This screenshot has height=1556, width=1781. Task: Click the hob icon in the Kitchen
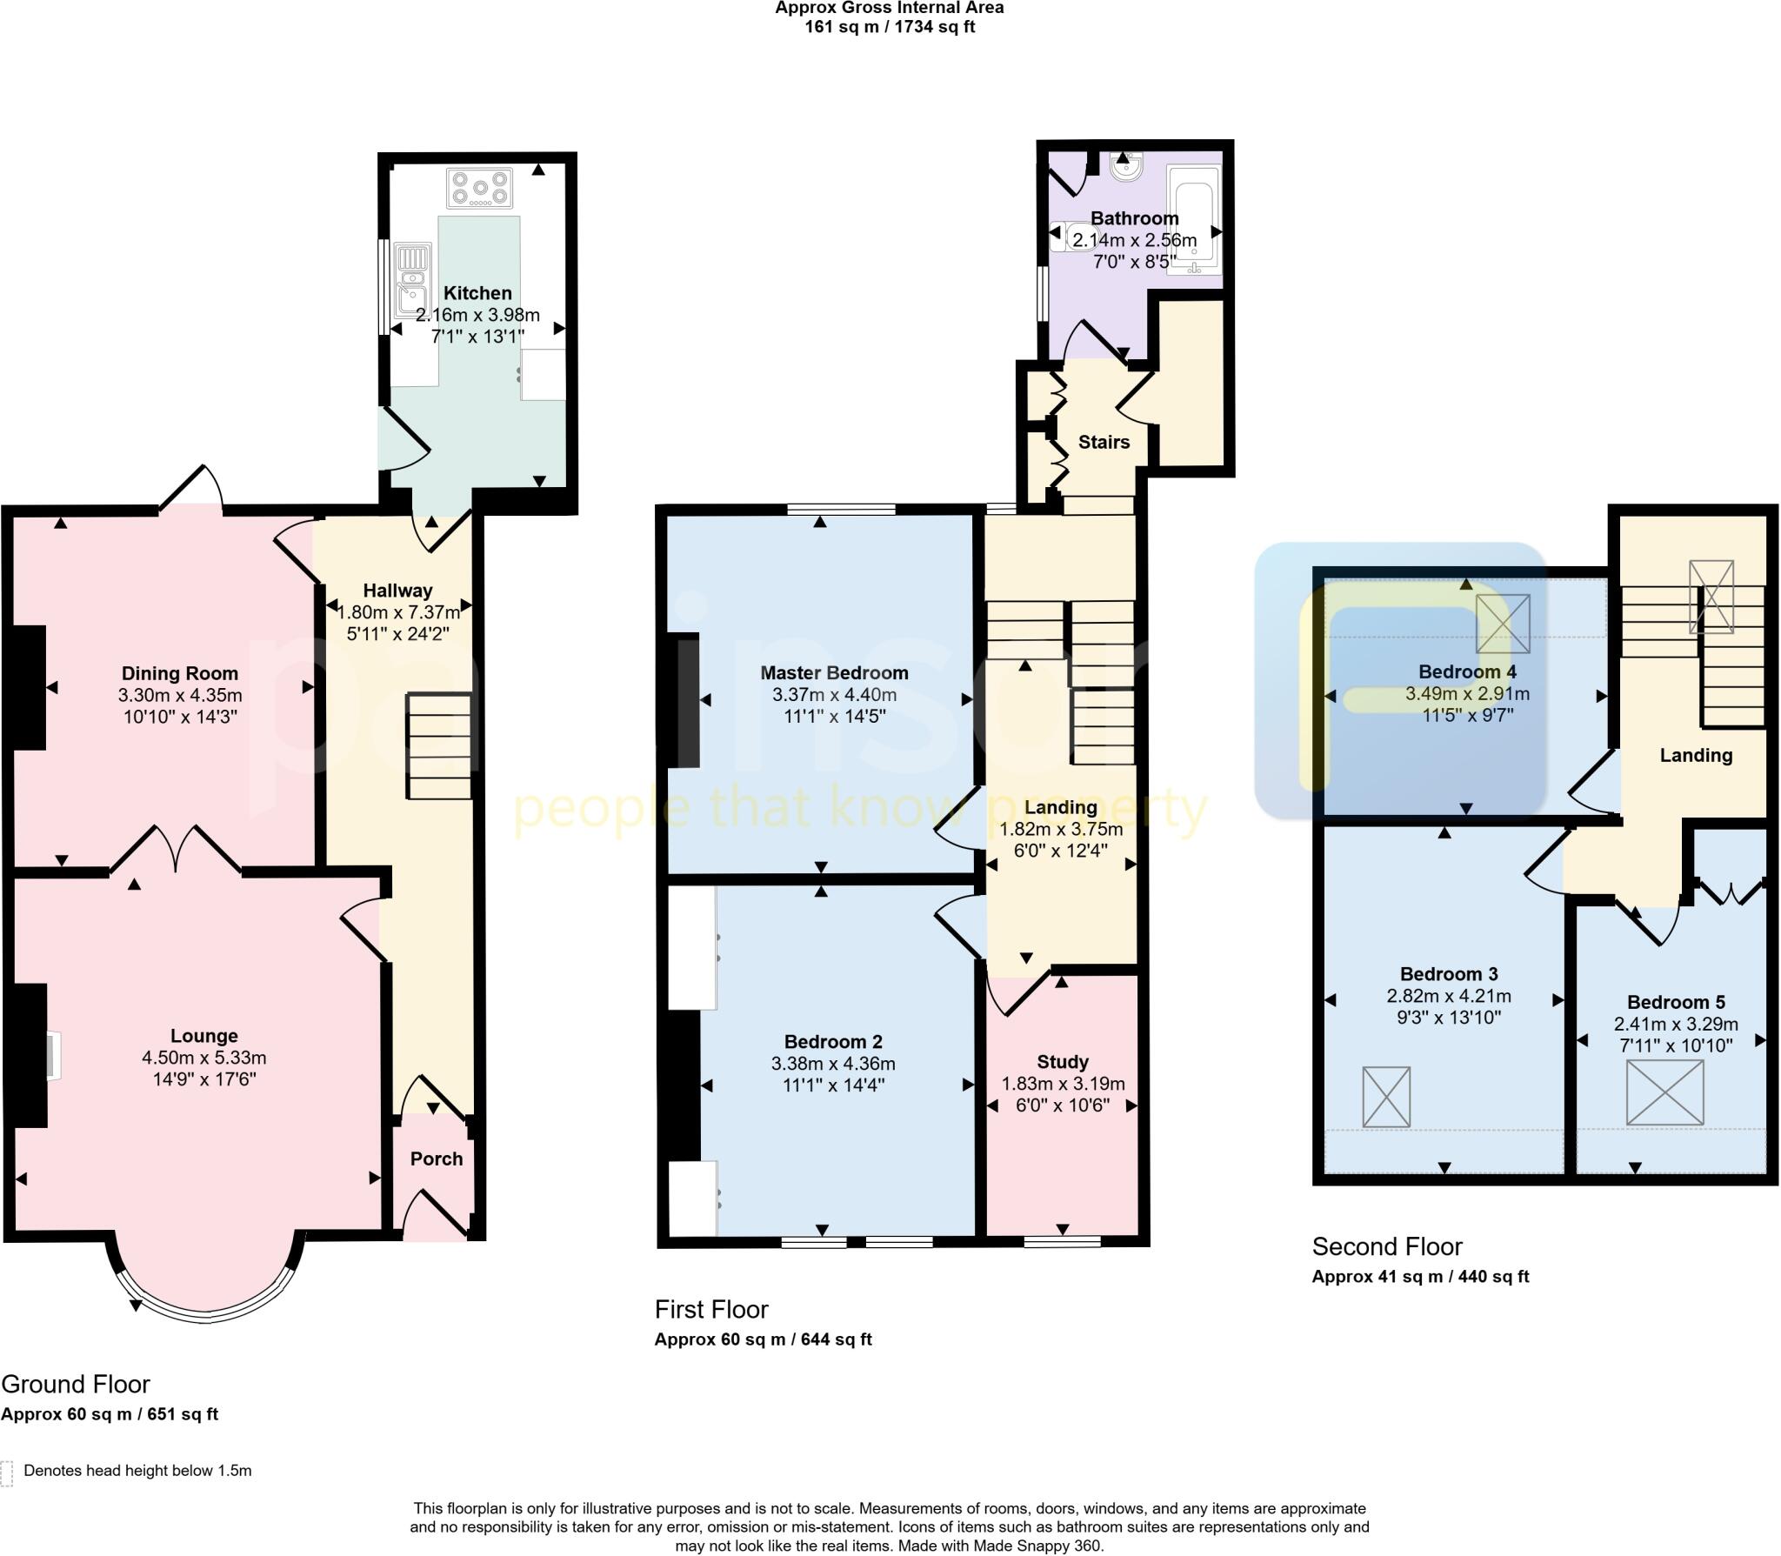479,189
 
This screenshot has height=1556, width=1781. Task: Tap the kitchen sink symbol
411,280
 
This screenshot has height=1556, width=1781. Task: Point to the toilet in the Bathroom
1068,236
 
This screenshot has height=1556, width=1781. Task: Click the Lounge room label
203,1036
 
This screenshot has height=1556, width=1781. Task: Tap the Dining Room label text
179,673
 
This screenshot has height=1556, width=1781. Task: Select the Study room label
1062,1062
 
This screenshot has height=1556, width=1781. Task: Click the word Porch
436,1159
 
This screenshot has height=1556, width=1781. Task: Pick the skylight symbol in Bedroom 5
1664,1093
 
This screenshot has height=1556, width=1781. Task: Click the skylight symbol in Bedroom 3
1386,1097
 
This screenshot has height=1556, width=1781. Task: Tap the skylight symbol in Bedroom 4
1503,623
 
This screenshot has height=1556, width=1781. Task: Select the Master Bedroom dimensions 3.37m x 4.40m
834,695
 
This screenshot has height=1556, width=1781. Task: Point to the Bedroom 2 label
832,1042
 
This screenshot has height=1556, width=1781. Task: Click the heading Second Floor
1387,1247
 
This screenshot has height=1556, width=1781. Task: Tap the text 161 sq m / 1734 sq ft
890,27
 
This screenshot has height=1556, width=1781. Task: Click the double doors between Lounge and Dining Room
177,849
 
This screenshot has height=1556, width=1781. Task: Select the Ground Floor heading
76,1384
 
